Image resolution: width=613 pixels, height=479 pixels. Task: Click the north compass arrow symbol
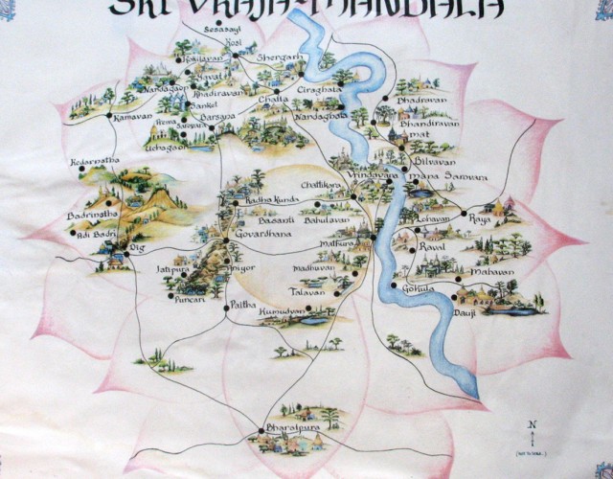(x=532, y=430)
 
